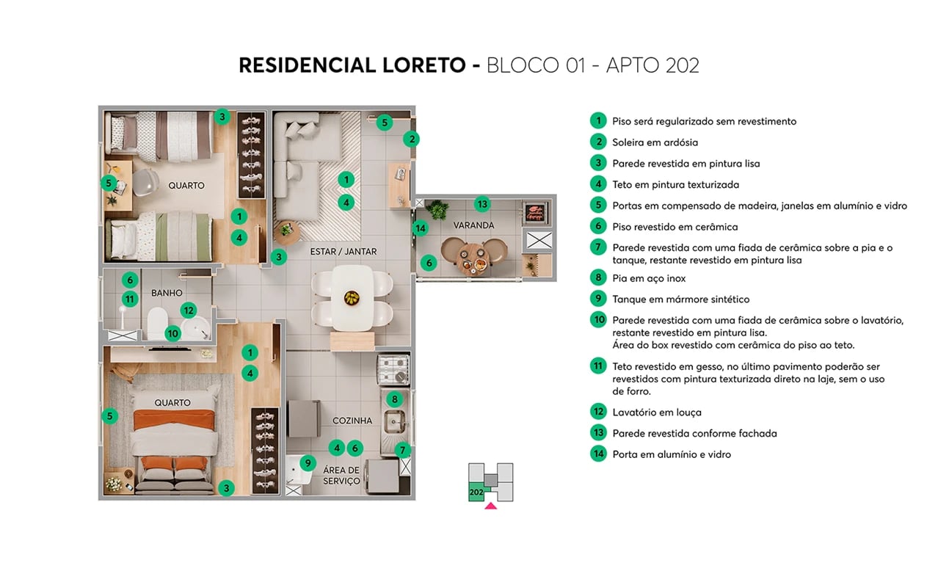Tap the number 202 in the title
click(682, 65)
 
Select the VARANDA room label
click(473, 225)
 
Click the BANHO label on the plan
click(167, 293)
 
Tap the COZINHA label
click(352, 421)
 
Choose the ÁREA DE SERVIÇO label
click(341, 475)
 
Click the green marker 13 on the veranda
click(481, 204)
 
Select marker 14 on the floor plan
click(420, 228)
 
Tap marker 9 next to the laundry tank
click(308, 463)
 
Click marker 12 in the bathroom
click(188, 310)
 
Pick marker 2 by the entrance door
click(412, 139)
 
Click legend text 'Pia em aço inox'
click(649, 278)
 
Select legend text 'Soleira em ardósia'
click(655, 142)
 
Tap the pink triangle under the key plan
click(490, 505)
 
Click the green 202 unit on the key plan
click(476, 492)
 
